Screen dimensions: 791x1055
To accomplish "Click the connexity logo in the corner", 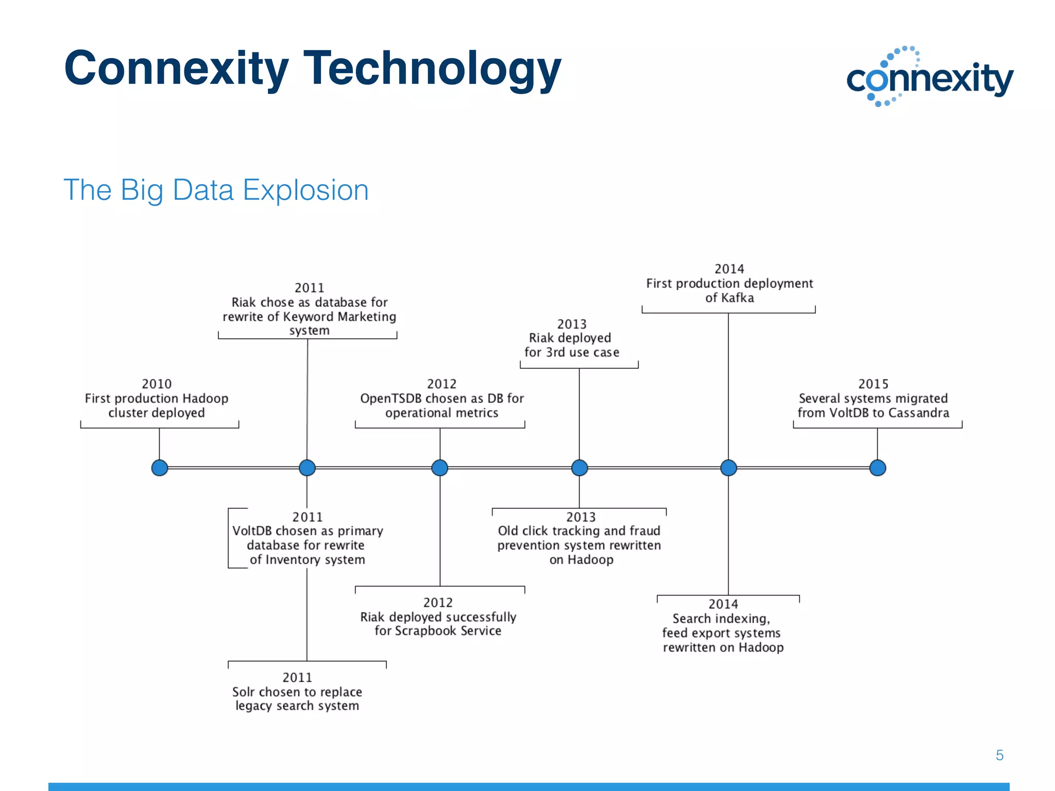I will (x=930, y=77).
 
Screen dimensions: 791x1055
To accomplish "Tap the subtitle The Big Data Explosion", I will (x=216, y=190).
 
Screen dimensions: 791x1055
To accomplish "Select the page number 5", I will (x=999, y=755).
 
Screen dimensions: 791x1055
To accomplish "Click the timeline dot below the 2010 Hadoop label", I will (x=160, y=468).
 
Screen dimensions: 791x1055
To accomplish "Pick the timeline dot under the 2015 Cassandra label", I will (x=877, y=468).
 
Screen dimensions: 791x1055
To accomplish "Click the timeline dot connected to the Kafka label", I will (x=728, y=468).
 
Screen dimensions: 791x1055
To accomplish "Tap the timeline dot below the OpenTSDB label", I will (x=439, y=468).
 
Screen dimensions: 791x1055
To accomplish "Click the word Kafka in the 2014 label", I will (x=737, y=298).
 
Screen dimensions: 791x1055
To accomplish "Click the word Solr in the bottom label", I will (x=243, y=692).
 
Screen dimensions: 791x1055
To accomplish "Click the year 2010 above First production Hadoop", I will (x=157, y=384).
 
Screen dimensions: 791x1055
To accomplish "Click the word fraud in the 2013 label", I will (x=644, y=531).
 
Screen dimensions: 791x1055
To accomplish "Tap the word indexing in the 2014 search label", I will (x=744, y=618).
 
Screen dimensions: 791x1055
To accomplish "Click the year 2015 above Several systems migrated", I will (x=873, y=384).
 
